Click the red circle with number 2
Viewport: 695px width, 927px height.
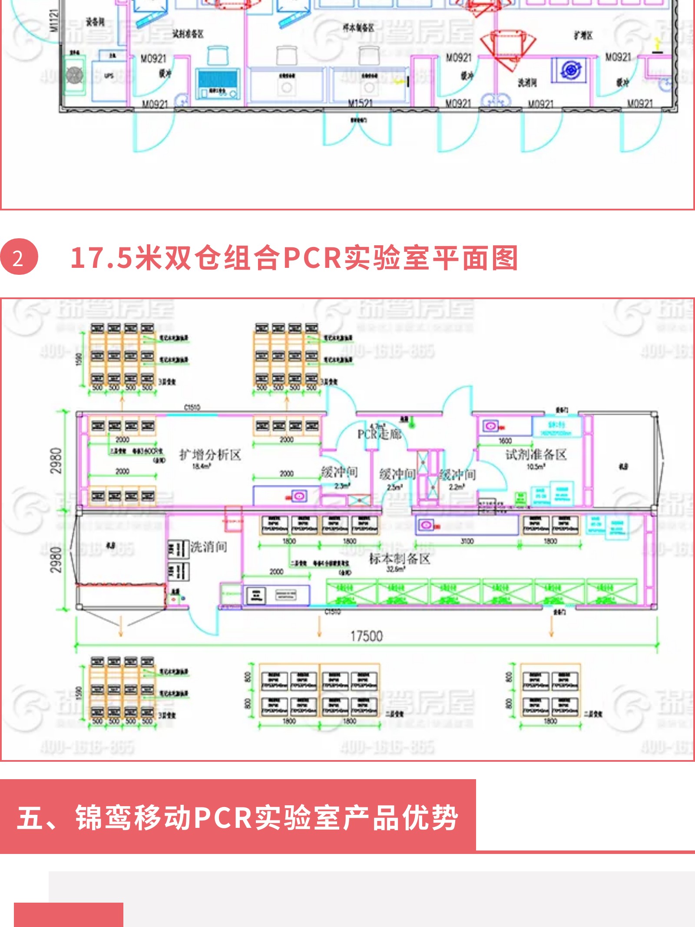(19, 257)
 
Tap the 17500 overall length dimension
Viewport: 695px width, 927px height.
(367, 636)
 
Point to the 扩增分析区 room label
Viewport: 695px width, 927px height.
(210, 455)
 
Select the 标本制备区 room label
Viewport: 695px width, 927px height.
(400, 559)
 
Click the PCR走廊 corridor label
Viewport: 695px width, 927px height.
(379, 433)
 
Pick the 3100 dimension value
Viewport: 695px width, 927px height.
(467, 541)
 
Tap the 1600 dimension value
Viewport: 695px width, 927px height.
(505, 441)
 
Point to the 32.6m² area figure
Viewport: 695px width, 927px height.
(395, 569)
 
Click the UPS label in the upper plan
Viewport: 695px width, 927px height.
(109, 76)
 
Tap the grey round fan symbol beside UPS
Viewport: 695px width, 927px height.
(75, 75)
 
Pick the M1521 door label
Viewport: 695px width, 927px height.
(361, 103)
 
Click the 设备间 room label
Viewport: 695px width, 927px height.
(95, 22)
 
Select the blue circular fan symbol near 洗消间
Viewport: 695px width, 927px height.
(570, 70)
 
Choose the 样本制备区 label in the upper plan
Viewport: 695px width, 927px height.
(358, 28)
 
